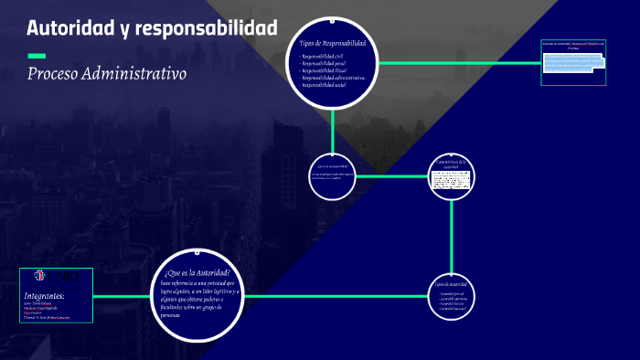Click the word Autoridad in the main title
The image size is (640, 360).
pos(70,28)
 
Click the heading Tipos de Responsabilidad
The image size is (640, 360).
pos(333,43)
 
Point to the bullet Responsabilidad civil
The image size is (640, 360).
pos(322,57)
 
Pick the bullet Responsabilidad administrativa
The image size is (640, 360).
pos(334,78)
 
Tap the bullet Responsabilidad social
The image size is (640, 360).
pos(324,85)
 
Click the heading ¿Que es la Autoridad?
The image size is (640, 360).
pos(197,273)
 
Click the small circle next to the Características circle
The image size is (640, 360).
pos(331,175)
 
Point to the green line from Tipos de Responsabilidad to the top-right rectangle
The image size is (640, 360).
pos(457,63)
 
